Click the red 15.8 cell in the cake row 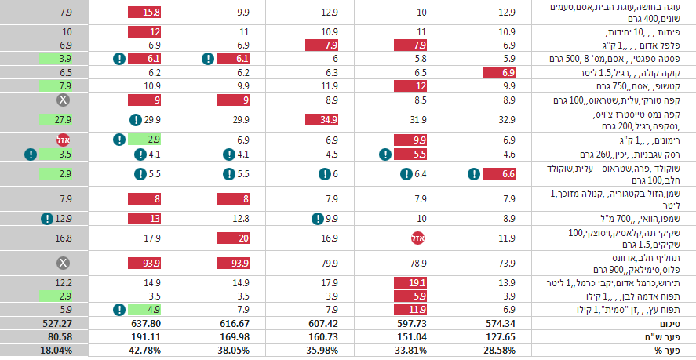pos(144,13)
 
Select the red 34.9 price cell pos(322,120)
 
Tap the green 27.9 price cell pos(56,120)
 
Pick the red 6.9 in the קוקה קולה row pos(499,73)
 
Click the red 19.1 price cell pos(410,282)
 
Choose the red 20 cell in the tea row pos(233,238)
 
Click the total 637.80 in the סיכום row pos(146,323)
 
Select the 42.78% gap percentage pos(146,351)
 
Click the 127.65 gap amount pos(501,336)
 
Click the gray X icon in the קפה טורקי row pos(63,100)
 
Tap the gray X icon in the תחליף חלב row pos(63,264)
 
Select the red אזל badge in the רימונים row pos(63,140)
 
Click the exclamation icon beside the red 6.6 pos(474,174)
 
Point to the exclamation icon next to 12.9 pos(46,218)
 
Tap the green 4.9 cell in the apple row pos(144,310)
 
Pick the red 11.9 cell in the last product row pos(410,310)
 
